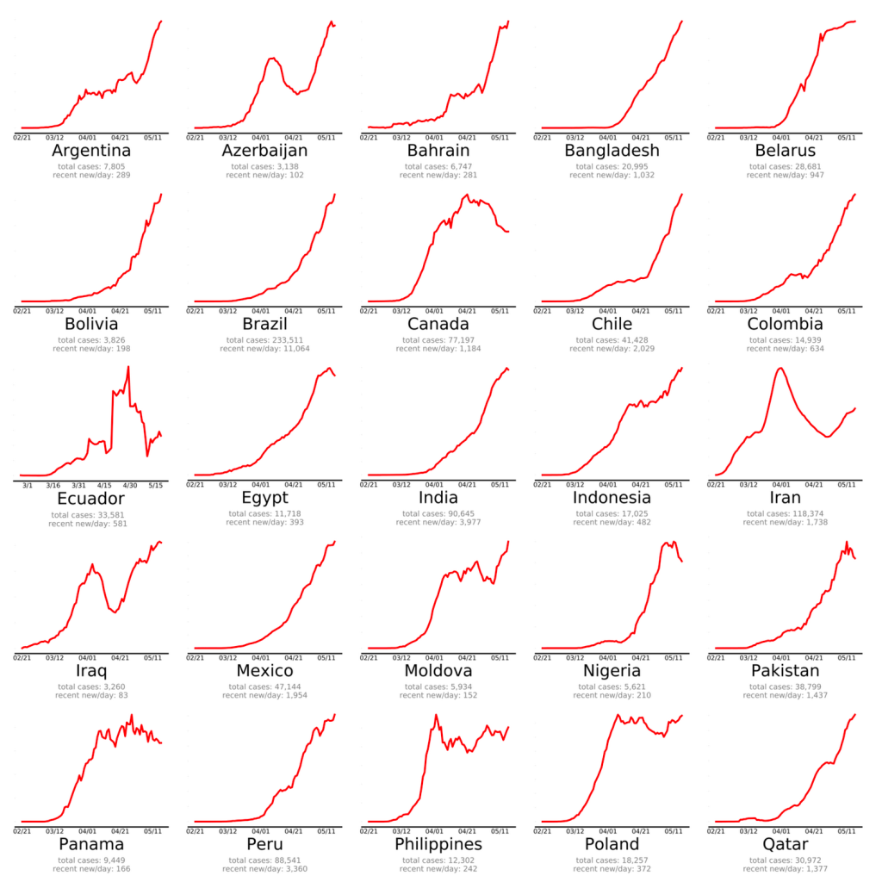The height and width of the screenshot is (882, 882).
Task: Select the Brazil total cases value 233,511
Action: coord(281,339)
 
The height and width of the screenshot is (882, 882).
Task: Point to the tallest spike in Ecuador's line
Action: coord(128,367)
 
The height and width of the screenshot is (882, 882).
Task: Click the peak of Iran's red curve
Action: coord(780,369)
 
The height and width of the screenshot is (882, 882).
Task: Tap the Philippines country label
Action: coord(438,843)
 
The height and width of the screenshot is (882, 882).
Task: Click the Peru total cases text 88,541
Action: coord(281,860)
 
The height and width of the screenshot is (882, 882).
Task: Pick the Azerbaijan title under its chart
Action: coord(264,151)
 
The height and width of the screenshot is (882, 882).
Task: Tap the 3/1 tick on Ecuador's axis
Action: coord(28,485)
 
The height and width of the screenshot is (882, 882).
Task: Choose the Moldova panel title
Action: coord(438,670)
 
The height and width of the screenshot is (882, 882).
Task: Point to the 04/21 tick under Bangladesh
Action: coord(641,137)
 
